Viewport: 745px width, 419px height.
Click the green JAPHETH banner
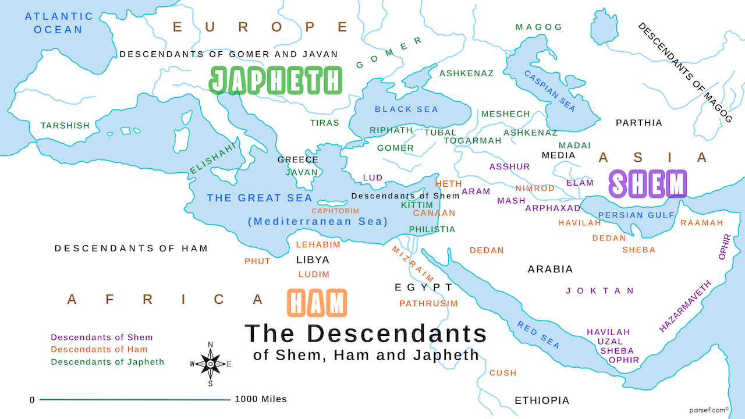click(x=275, y=80)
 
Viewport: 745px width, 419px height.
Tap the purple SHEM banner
click(x=648, y=184)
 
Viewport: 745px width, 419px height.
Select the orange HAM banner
click(x=317, y=303)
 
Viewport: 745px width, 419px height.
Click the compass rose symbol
click(x=210, y=364)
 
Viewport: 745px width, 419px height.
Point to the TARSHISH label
click(x=65, y=126)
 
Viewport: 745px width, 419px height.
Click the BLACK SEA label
click(x=406, y=109)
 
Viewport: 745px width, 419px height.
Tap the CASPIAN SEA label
click(x=550, y=91)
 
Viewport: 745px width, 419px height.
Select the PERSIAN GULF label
click(x=636, y=215)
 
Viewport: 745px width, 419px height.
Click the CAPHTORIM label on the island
click(x=335, y=211)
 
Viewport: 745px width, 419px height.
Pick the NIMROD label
click(x=535, y=189)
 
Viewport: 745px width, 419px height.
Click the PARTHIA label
click(x=639, y=123)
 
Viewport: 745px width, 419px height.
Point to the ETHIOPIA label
click(x=542, y=400)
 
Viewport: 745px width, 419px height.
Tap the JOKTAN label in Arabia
click(x=600, y=291)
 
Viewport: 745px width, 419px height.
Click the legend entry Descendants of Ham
click(x=99, y=350)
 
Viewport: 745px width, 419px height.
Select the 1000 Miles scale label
click(x=261, y=399)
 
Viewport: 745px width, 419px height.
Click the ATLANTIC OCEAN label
click(x=59, y=23)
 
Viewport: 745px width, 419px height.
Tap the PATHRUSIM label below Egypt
click(x=428, y=304)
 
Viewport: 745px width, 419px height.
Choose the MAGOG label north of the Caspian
click(x=539, y=27)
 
